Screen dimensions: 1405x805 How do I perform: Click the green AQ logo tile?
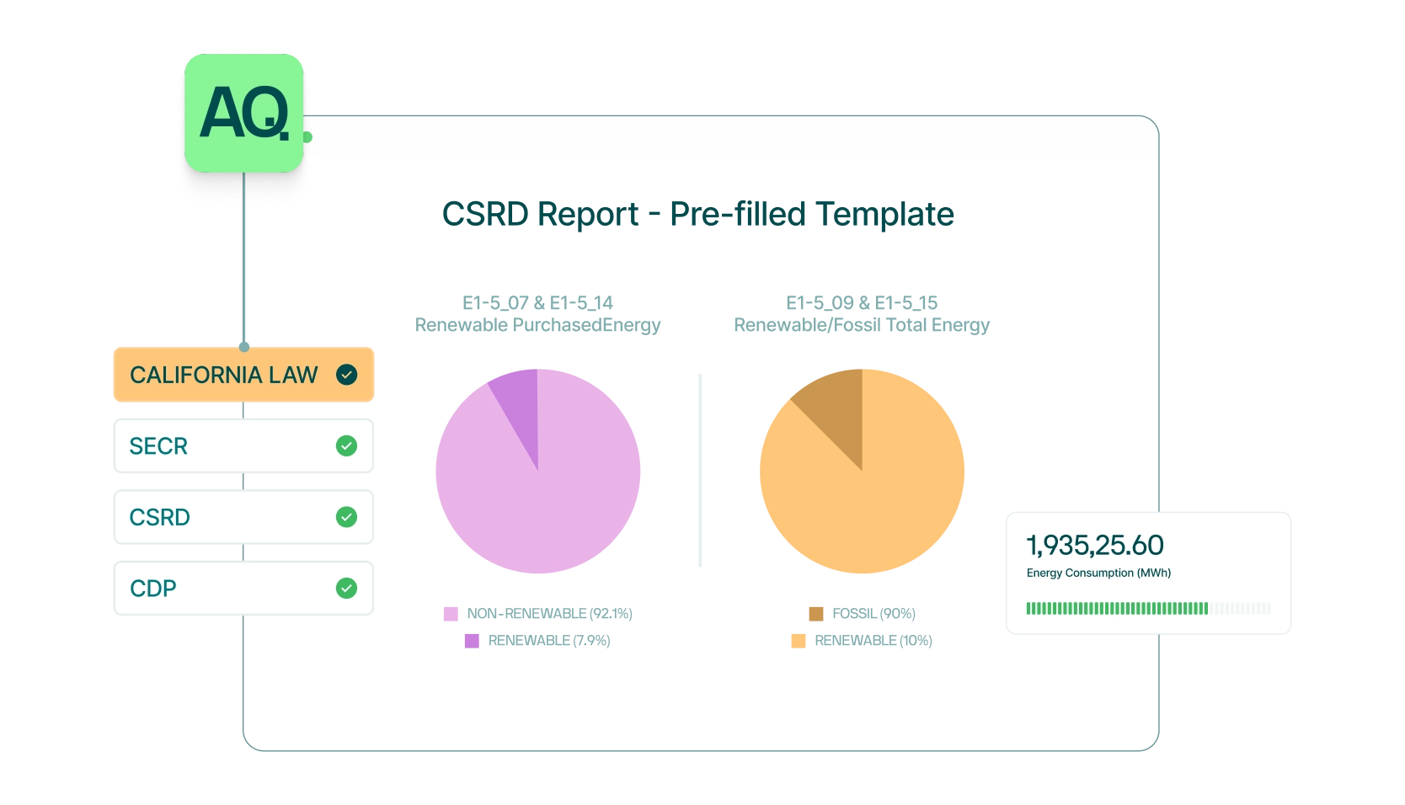244,113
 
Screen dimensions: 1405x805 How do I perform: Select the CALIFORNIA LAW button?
243,374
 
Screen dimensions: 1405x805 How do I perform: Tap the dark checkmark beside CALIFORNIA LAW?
346,375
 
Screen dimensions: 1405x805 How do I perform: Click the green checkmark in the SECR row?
346,445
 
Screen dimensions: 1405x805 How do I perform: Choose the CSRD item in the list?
243,517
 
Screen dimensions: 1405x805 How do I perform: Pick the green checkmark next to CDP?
346,588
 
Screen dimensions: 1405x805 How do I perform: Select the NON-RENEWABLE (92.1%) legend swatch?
451,614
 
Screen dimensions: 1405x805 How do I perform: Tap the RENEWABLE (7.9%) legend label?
549,641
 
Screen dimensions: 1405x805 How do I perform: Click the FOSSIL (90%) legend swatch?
816,614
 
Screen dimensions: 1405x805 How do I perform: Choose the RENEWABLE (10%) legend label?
873,641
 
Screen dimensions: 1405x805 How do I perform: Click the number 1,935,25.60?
1094,546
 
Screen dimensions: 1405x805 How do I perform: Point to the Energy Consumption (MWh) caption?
1098,573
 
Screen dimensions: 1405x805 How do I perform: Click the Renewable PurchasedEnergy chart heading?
537,325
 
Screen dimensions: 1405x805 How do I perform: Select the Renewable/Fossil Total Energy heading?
862,325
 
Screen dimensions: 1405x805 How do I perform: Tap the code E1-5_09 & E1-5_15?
862,303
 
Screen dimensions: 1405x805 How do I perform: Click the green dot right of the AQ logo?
307,137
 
